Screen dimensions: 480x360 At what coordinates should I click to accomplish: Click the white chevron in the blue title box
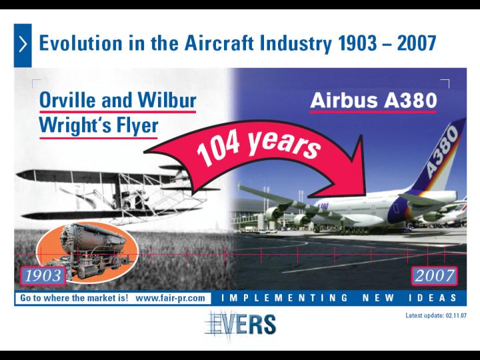click(x=23, y=45)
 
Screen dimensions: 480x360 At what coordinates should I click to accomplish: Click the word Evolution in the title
click(x=81, y=43)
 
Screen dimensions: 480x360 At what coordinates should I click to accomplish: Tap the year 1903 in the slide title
click(x=357, y=43)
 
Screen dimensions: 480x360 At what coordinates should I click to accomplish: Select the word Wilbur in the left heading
click(x=167, y=99)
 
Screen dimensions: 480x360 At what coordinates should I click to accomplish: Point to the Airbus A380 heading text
click(x=373, y=101)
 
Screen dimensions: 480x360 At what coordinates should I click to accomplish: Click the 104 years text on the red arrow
click(x=258, y=147)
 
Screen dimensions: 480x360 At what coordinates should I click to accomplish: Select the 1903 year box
click(x=43, y=276)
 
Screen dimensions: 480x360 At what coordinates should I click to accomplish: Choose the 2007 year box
click(x=435, y=275)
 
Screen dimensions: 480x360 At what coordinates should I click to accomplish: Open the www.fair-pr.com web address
click(x=170, y=298)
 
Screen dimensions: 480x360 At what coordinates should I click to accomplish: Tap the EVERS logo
click(x=241, y=325)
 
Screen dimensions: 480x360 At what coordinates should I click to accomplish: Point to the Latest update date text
click(x=436, y=315)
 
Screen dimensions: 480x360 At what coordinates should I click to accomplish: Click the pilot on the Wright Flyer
click(x=125, y=199)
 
